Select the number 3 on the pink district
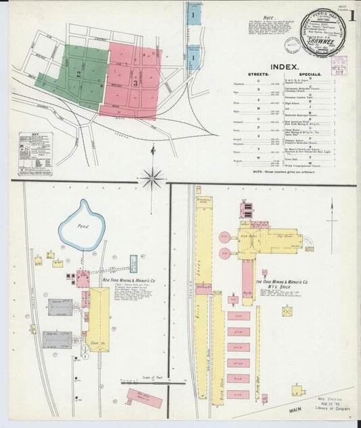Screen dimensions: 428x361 point(135,83)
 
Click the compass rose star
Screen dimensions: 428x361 point(152,179)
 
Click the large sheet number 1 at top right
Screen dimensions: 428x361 point(351,18)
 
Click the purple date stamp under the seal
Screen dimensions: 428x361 point(335,52)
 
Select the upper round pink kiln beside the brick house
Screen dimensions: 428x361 point(225,238)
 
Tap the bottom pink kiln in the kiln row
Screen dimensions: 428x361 point(238,394)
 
